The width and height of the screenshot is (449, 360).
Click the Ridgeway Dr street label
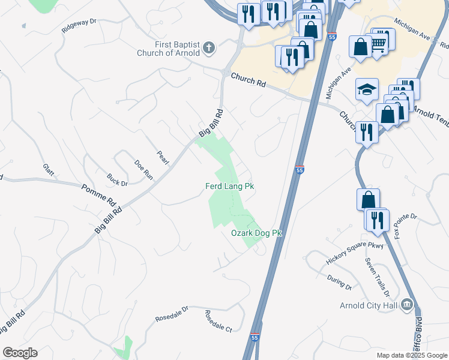tap(79, 25)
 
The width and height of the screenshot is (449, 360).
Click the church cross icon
tap(208, 47)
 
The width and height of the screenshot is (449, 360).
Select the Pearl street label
tap(163, 157)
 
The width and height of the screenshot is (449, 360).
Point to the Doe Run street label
tap(144, 169)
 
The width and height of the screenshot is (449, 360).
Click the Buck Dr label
tap(117, 179)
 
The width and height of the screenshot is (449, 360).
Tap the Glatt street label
tap(48, 170)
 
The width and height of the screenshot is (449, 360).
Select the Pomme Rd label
tap(98, 194)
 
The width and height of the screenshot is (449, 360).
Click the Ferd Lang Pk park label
tap(230, 187)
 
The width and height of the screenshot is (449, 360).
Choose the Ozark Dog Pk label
tap(256, 233)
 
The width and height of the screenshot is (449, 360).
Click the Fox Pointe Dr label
tap(405, 223)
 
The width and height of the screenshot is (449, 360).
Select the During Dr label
tap(340, 282)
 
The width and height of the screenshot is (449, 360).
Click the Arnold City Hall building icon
tap(408, 304)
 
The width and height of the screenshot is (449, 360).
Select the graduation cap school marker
tap(367, 90)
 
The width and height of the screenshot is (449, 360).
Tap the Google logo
tap(20, 353)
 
